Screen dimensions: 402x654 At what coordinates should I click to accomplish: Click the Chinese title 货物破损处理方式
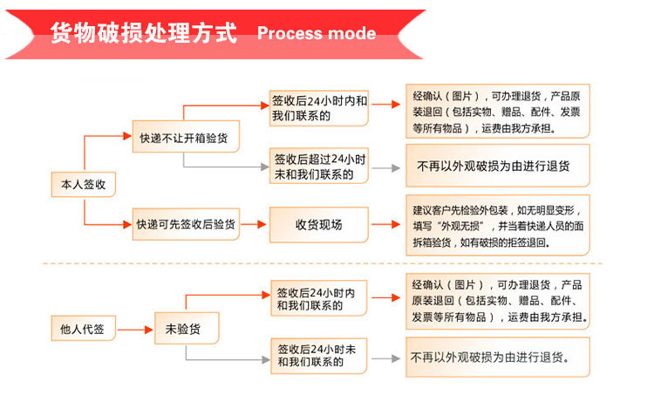[x=143, y=34]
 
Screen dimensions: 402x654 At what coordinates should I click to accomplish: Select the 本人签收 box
[x=83, y=185]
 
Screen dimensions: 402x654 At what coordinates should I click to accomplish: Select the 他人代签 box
[x=83, y=330]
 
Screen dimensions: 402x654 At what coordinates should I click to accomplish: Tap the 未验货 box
[x=186, y=330]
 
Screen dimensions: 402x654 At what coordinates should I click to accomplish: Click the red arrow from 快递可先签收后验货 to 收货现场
[x=254, y=225]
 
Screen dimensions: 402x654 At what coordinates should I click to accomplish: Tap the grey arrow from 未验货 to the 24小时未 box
[x=235, y=357]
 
